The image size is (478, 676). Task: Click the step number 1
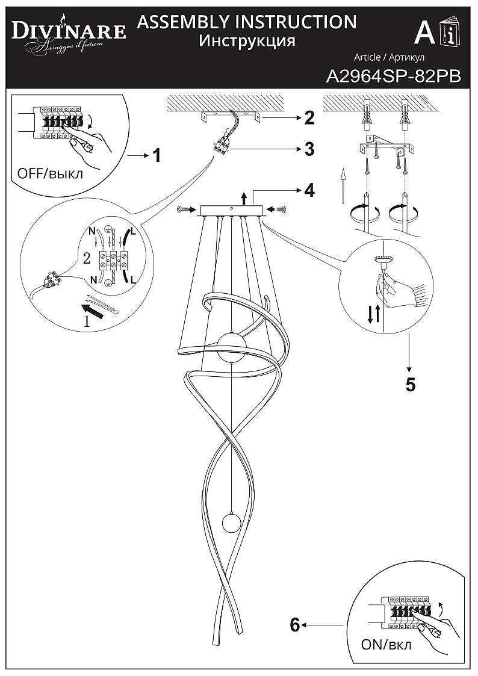click(157, 156)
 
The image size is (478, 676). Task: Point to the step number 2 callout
click(309, 118)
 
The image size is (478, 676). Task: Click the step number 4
click(309, 190)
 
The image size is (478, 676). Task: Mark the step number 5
click(410, 384)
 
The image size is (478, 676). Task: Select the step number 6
click(294, 625)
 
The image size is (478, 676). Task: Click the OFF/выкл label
click(51, 174)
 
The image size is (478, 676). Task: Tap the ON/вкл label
click(386, 645)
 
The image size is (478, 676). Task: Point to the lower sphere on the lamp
click(231, 523)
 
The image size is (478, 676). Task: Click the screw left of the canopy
click(184, 209)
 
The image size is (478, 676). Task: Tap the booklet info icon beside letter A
click(449, 34)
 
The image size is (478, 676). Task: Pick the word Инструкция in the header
click(247, 41)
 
